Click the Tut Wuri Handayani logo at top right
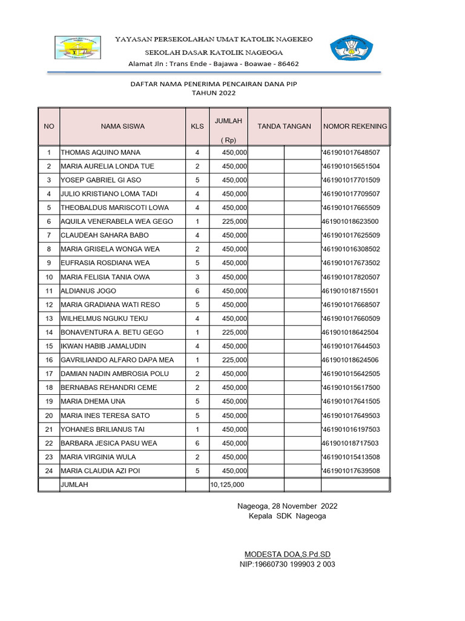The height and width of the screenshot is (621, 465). (x=348, y=49)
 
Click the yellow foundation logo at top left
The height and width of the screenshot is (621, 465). (x=78, y=48)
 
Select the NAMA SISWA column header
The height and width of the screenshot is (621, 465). (x=123, y=126)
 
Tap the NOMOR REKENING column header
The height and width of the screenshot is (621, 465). (x=355, y=126)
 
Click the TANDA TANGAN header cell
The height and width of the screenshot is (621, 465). (x=284, y=126)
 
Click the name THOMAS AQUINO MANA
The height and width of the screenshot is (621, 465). (x=101, y=152)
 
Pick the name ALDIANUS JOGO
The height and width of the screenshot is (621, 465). (x=88, y=291)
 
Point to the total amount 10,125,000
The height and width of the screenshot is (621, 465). (x=228, y=485)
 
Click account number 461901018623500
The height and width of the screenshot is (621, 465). (x=350, y=221)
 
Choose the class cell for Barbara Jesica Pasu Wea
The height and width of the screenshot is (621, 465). (x=197, y=443)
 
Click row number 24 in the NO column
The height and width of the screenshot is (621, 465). (x=49, y=471)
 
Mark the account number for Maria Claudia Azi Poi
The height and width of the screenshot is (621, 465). (x=351, y=471)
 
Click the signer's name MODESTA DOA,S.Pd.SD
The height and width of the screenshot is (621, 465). (x=287, y=554)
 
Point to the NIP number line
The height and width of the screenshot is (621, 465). (x=288, y=564)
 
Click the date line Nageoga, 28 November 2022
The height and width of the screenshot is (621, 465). (x=287, y=506)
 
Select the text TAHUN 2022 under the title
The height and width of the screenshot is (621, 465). (x=214, y=93)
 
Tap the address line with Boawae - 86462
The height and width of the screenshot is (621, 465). (x=214, y=63)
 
